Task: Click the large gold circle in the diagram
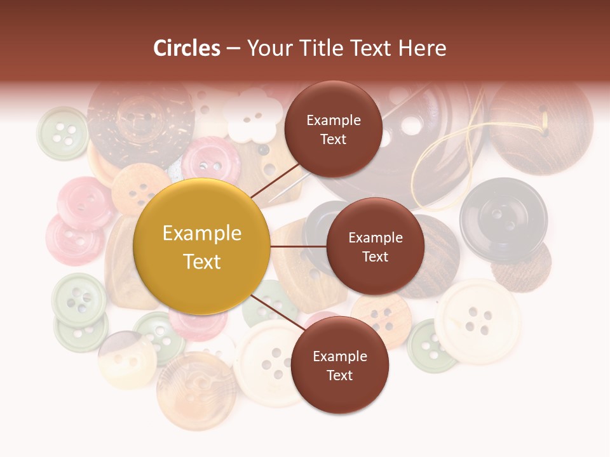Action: (202, 247)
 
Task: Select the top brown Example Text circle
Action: (333, 129)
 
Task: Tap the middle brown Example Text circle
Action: (375, 246)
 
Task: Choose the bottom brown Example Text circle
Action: (339, 365)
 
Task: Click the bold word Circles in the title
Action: (187, 48)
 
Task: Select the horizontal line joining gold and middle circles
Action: (298, 246)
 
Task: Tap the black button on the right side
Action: (503, 218)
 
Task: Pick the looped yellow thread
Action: (445, 159)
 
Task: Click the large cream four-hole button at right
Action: (478, 320)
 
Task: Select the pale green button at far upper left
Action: (62, 133)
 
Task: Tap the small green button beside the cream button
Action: (430, 347)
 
